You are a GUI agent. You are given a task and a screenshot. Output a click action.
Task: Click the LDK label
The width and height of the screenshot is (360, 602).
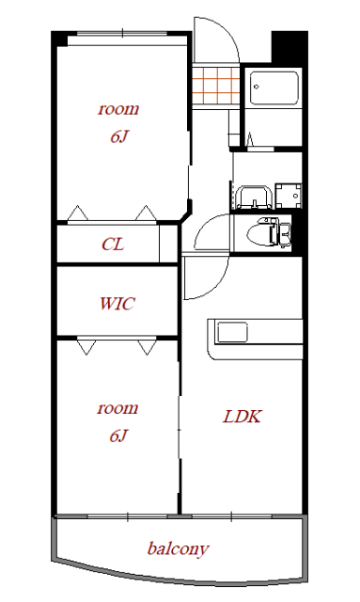point(242,416)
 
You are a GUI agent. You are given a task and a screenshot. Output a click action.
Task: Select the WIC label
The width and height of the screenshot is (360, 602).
point(117,303)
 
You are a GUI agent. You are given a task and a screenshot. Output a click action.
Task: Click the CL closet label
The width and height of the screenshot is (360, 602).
point(113,245)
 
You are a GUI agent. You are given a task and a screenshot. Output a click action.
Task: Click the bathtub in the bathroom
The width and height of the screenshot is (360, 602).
point(274,87)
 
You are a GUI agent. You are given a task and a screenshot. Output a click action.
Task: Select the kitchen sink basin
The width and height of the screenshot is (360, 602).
point(232,332)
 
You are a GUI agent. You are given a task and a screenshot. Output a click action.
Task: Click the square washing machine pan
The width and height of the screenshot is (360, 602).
point(288,196)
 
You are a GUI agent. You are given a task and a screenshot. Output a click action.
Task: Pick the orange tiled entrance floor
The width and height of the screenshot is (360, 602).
point(216,86)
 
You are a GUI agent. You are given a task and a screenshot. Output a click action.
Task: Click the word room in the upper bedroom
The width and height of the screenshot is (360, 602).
point(118,109)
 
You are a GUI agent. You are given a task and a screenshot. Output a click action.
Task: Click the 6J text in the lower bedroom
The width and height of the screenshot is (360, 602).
point(118,436)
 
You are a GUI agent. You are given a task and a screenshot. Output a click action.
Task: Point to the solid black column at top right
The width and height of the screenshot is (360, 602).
point(290,47)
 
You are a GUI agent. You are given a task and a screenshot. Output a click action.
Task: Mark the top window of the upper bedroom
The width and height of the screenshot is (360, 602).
point(122,34)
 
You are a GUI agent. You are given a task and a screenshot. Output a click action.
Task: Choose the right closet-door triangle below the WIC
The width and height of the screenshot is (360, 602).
point(147,347)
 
